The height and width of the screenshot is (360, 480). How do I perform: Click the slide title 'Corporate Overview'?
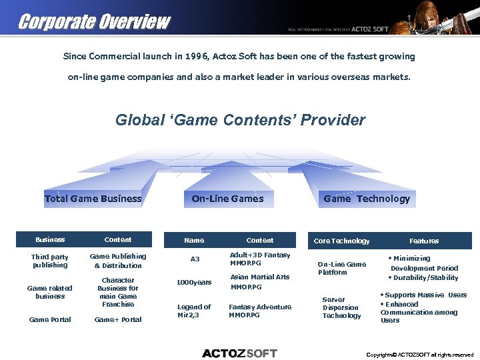[94, 22]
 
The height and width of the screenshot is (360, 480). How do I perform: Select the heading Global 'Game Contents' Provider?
[240, 121]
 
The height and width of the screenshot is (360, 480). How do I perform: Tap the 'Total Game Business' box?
[93, 199]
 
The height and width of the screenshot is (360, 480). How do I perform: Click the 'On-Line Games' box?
[227, 199]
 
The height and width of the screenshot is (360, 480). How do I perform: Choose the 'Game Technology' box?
[367, 199]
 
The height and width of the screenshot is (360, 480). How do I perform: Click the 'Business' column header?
[50, 240]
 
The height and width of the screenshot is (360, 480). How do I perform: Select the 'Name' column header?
[194, 240]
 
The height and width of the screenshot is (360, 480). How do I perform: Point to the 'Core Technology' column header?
[341, 241]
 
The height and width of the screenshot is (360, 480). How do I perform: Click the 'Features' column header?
[424, 241]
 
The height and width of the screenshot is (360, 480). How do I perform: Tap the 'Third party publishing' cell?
[50, 261]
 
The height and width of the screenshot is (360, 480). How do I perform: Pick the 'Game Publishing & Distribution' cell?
[118, 261]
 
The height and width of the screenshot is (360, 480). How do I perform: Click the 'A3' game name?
[195, 259]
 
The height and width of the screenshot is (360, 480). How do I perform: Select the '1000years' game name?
[194, 283]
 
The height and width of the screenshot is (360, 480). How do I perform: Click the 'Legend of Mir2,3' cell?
[194, 311]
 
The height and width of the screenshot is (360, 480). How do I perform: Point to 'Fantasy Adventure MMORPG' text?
[260, 311]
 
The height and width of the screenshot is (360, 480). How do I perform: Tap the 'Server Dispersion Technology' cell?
[341, 307]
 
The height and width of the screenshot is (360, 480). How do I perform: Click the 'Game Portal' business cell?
[50, 320]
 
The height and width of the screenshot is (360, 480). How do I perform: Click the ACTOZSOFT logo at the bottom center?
[239, 353]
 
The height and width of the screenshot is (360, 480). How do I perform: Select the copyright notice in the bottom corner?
[420, 355]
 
